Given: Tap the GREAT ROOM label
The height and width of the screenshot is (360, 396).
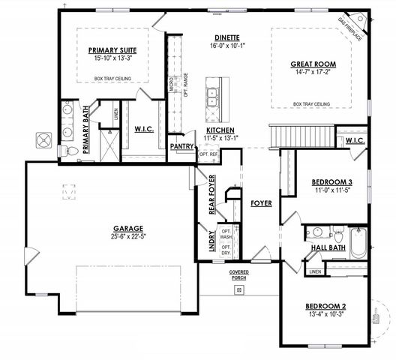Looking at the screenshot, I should pos(313,64).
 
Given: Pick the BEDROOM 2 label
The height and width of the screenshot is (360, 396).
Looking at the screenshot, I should pos(325,306).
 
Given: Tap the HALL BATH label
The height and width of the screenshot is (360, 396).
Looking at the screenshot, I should pos(328,247).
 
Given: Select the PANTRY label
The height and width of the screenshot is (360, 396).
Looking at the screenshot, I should pos(182,146).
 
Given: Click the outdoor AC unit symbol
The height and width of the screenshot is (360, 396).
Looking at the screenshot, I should pos(41,140).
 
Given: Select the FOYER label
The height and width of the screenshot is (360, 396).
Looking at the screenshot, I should pos(261,202).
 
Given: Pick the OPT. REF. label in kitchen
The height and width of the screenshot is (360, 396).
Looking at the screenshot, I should pos(208,154).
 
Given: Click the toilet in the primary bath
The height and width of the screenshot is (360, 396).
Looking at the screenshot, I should pos(73,150).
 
